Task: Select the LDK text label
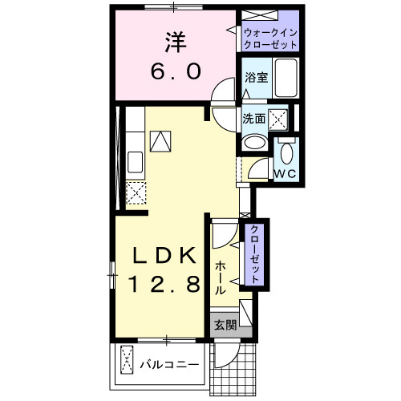pyautogui.click(x=164, y=256)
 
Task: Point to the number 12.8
pyautogui.click(x=164, y=283)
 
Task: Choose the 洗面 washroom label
pyautogui.click(x=254, y=119)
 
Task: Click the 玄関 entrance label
pyautogui.click(x=225, y=325)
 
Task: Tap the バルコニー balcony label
pyautogui.click(x=169, y=365)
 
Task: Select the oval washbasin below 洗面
pyautogui.click(x=254, y=143)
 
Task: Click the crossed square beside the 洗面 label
pyautogui.click(x=279, y=119)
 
